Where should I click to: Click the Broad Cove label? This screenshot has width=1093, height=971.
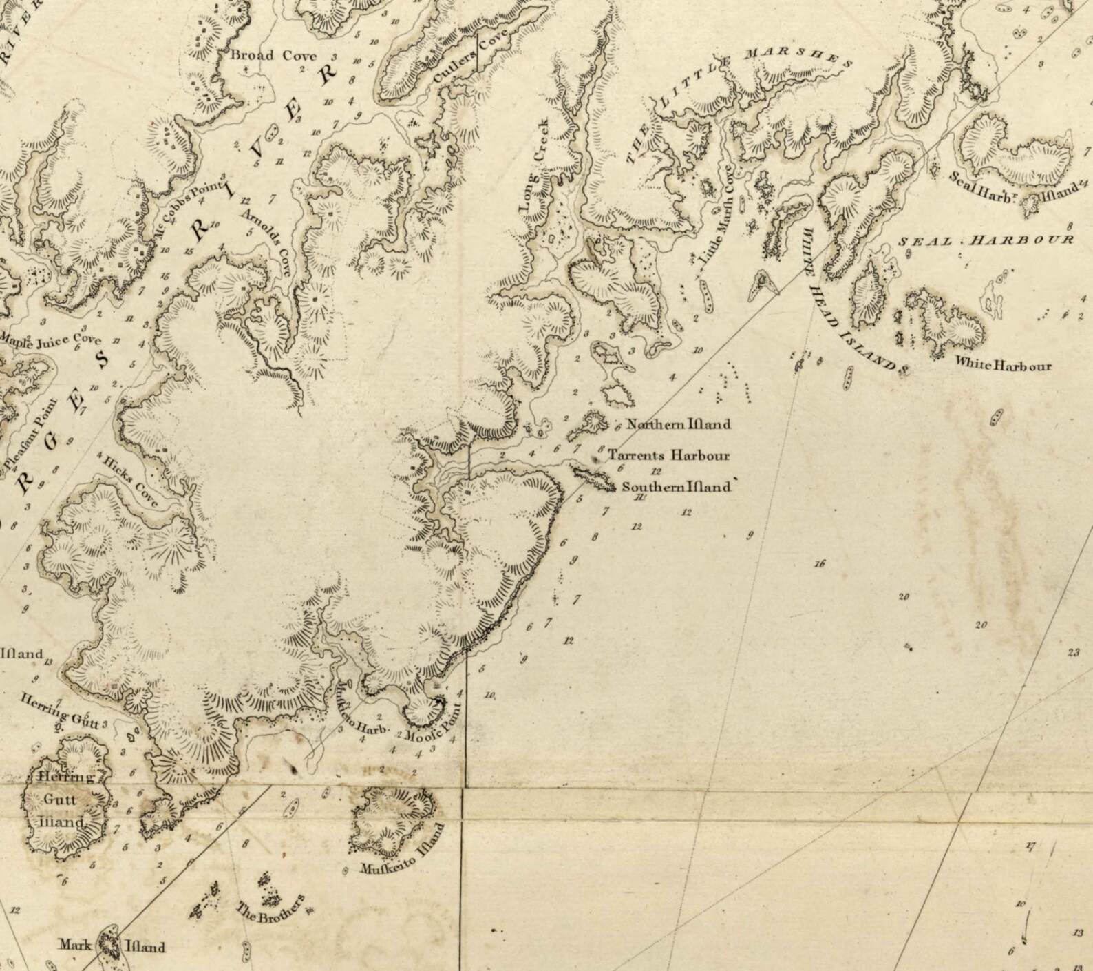point(273,56)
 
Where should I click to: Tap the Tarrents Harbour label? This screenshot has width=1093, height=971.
point(668,455)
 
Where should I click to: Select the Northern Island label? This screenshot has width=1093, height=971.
point(678,424)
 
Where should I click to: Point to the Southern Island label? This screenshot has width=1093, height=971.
point(676,487)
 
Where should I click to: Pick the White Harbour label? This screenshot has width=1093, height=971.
point(1002,364)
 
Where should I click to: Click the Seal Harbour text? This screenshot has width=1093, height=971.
point(986,240)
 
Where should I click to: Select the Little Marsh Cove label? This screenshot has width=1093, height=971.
point(717,215)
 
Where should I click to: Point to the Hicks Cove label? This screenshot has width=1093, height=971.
point(130,481)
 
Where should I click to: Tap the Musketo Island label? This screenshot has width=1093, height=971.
point(403,849)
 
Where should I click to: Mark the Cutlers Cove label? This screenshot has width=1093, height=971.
point(471,57)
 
